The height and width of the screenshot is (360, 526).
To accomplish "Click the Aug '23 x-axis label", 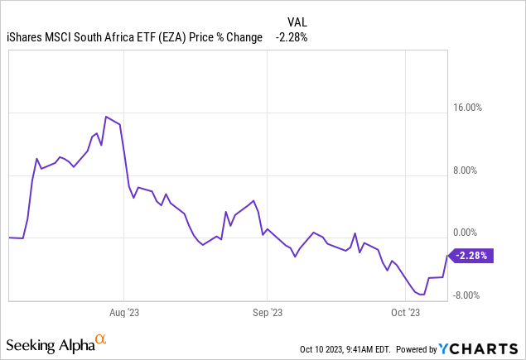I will pyautogui.click(x=123, y=313).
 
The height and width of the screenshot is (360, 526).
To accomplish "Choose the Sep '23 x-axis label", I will pyautogui.click(x=267, y=313).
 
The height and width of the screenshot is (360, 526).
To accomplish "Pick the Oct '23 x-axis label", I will pyautogui.click(x=405, y=313).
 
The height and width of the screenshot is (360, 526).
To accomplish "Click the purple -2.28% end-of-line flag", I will pyautogui.click(x=473, y=256).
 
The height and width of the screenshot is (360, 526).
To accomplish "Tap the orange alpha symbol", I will pyautogui.click(x=101, y=339).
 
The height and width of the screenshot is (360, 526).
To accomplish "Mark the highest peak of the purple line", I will pyautogui.click(x=106, y=116).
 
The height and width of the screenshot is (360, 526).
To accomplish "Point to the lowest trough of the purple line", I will pyautogui.click(x=423, y=294).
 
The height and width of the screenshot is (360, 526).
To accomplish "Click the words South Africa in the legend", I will pyautogui.click(x=101, y=37).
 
